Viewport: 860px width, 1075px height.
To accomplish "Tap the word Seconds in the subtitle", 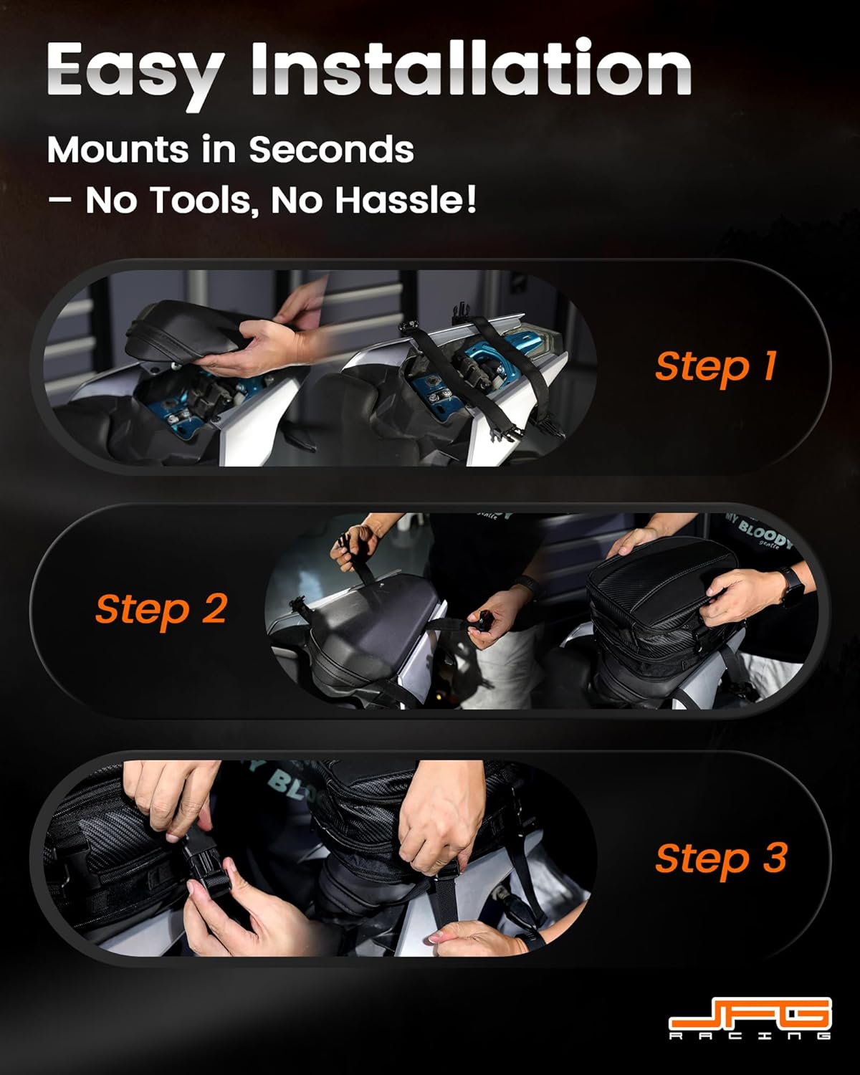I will coord(331,150).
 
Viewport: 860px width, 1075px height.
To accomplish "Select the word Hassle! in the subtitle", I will coord(406,200).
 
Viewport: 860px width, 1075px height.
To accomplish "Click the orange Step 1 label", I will coord(715,366).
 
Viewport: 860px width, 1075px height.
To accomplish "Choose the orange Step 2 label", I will coord(161,610).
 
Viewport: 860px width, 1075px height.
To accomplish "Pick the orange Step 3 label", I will coord(720,859).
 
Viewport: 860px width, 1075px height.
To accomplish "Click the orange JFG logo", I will coord(750,1013).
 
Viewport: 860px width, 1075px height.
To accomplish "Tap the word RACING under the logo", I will coord(750,1036).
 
